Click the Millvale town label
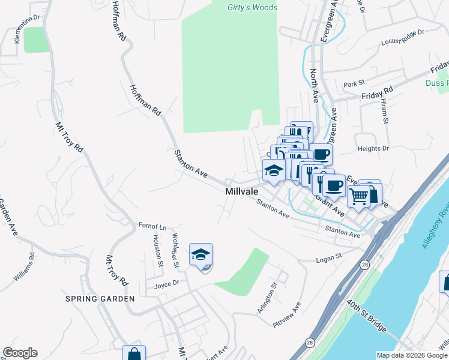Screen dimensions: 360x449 pyautogui.click(x=241, y=191)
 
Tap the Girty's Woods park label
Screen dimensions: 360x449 pyautogui.click(x=252, y=8)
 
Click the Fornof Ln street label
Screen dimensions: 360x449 pyautogui.click(x=152, y=227)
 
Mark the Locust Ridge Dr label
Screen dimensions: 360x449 pyautogui.click(x=403, y=37)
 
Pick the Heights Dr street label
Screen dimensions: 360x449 pyautogui.click(x=373, y=148)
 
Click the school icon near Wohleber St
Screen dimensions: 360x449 pyautogui.click(x=200, y=254)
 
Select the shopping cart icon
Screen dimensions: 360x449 pyautogui.click(x=358, y=196)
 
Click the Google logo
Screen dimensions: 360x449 pyautogui.click(x=20, y=353)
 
